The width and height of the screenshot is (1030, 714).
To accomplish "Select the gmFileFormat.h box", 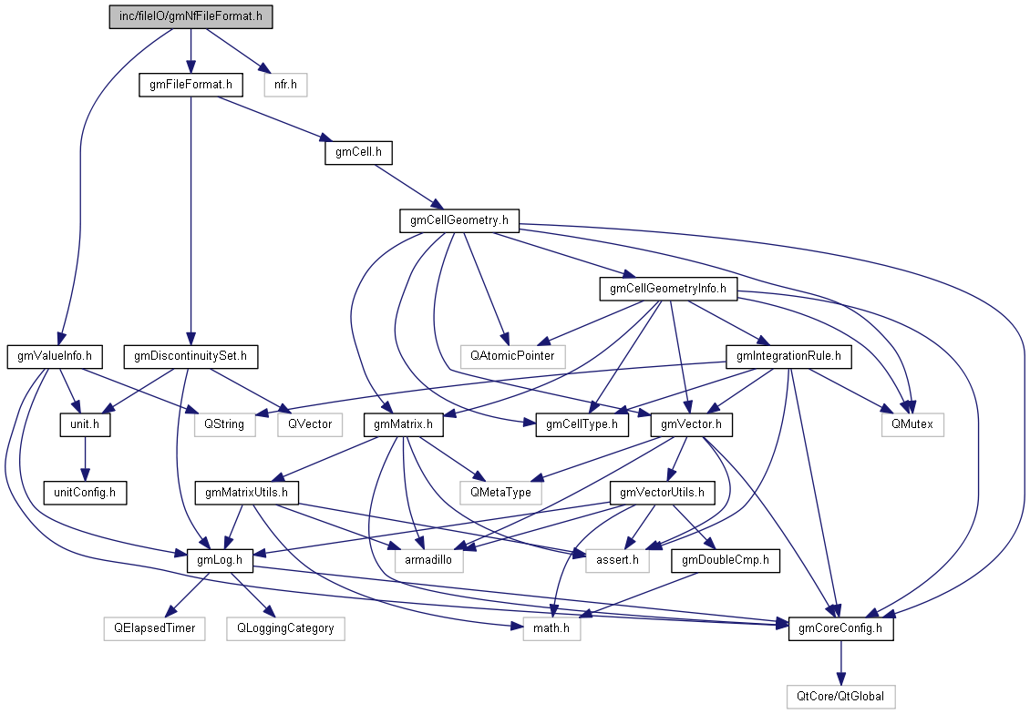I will click(191, 86).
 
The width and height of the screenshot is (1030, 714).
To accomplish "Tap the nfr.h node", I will click(285, 86).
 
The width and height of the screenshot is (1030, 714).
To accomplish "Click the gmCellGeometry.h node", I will click(459, 220).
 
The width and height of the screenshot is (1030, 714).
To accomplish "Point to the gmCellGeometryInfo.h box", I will click(668, 289).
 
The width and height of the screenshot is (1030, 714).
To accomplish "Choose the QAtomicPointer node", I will click(513, 355).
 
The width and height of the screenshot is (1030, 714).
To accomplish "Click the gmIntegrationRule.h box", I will click(788, 355).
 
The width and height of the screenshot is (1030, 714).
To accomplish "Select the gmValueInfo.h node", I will click(55, 355).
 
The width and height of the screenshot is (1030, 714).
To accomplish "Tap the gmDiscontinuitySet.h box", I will click(191, 355).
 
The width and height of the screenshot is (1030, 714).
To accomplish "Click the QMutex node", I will click(912, 423).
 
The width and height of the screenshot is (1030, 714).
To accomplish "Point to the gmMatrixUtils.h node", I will click(246, 493).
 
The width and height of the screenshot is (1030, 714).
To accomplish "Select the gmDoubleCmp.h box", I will click(726, 560).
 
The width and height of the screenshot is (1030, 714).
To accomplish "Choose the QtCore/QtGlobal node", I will click(840, 696).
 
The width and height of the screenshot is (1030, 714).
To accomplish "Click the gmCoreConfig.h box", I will click(840, 627).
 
